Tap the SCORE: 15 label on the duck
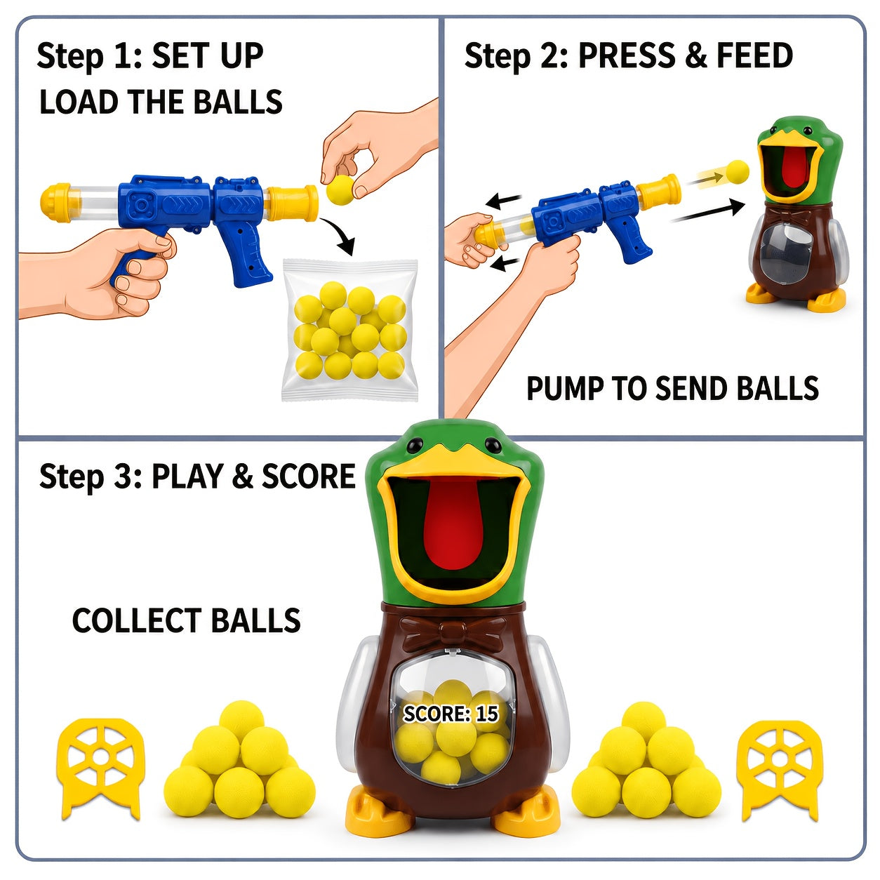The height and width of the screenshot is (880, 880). (451, 713)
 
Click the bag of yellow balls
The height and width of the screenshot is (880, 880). (349, 330)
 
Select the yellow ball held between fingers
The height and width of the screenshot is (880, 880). (341, 190)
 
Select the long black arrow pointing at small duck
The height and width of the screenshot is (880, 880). (708, 211)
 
